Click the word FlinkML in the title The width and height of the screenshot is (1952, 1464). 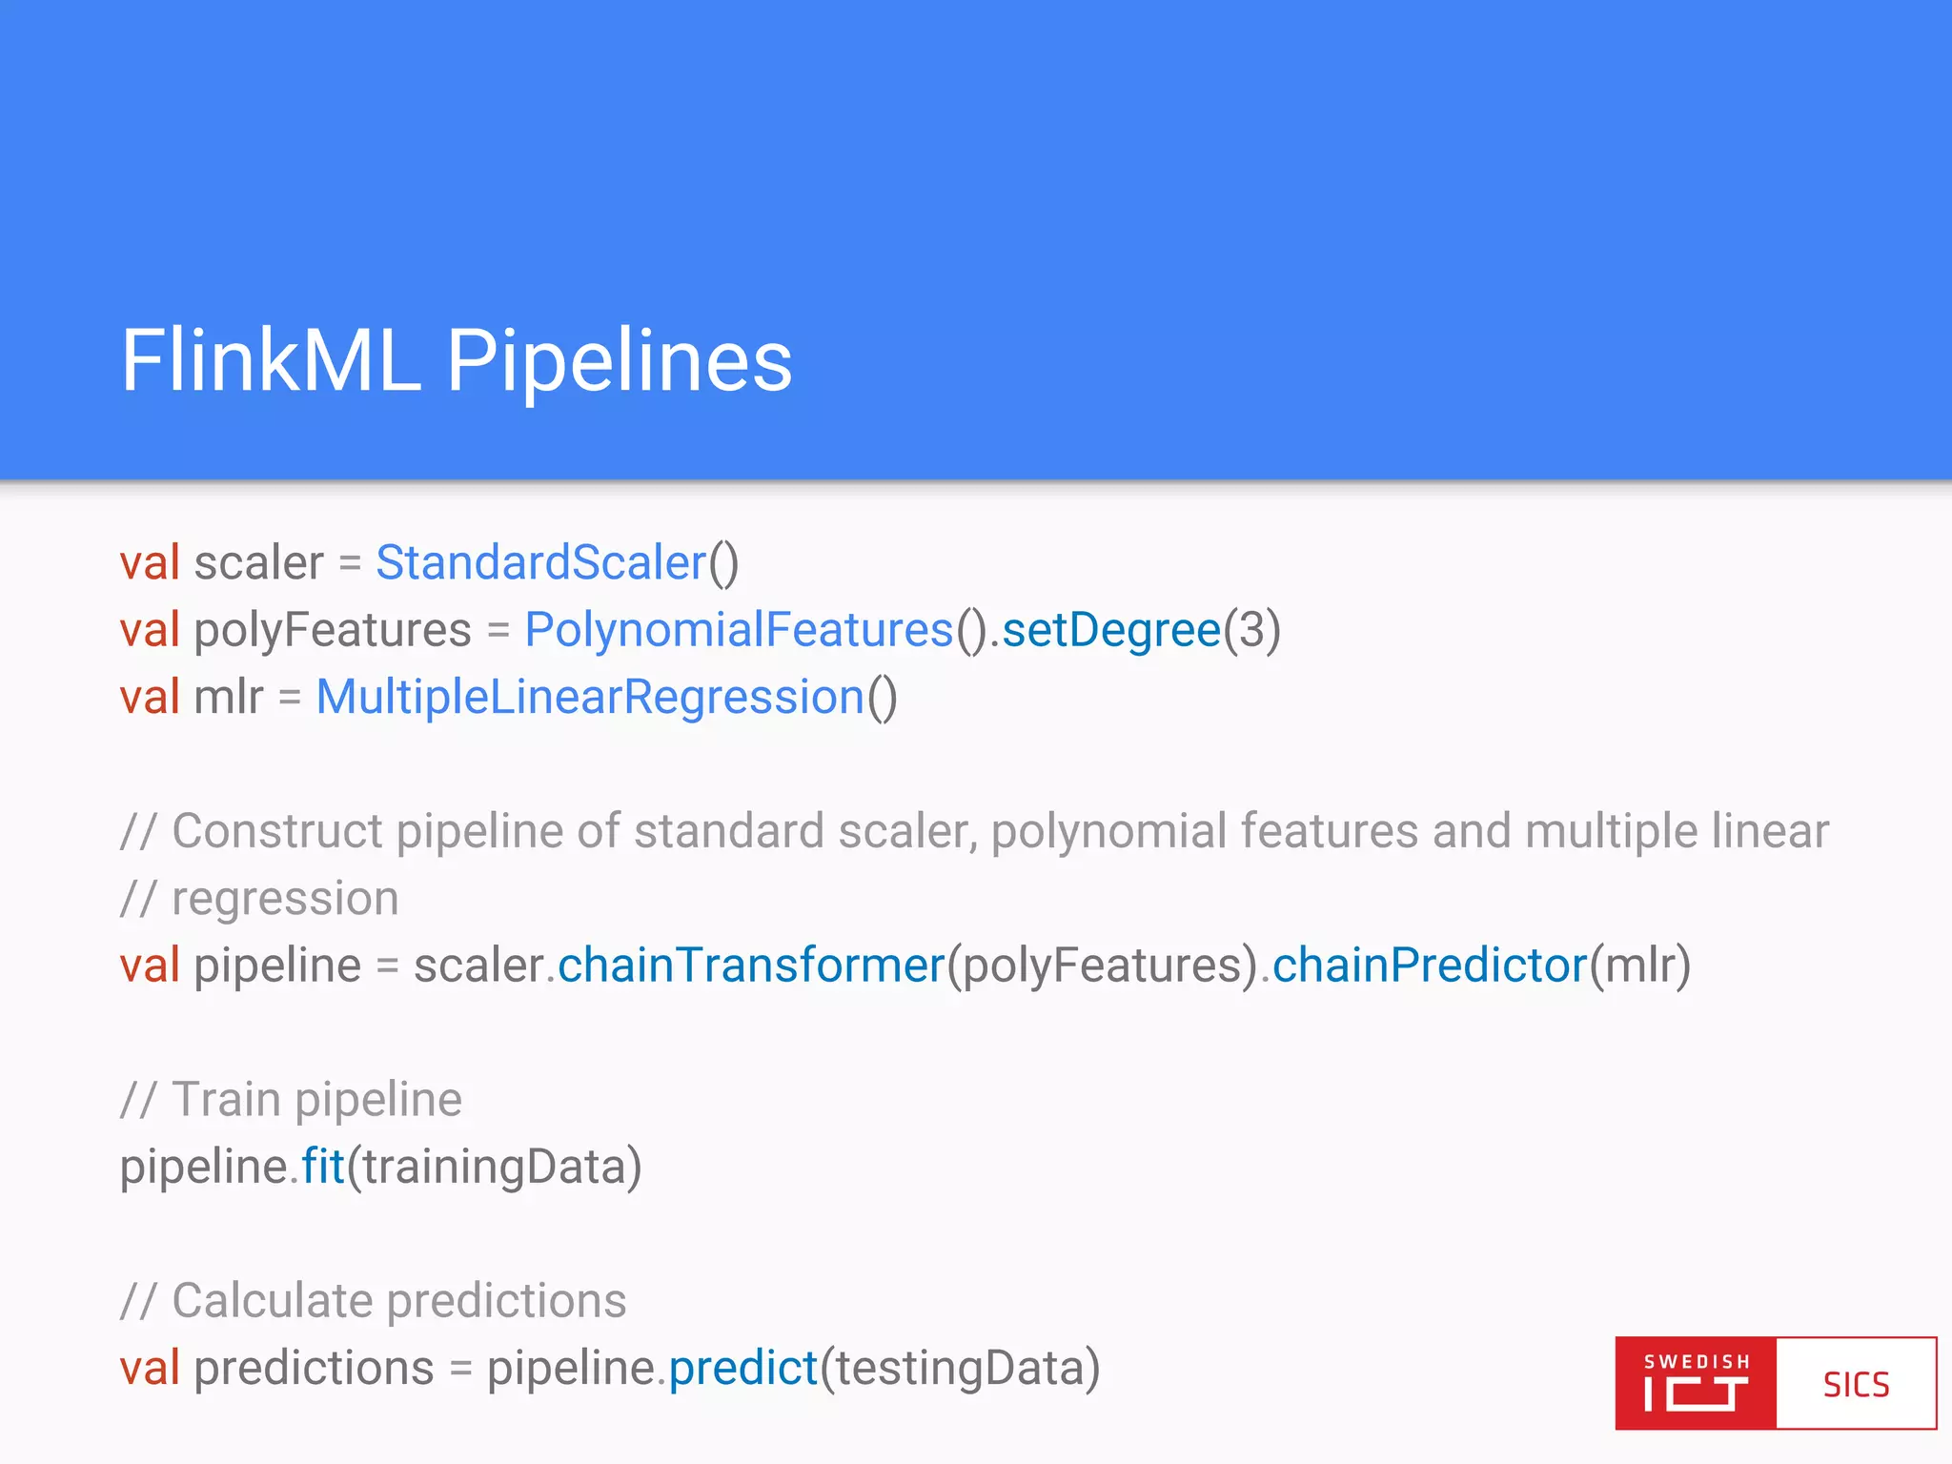pos(271,360)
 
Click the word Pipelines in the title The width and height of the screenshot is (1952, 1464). pos(620,360)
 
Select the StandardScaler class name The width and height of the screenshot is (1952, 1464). pos(540,562)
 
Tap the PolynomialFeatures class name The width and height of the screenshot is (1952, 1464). pos(739,630)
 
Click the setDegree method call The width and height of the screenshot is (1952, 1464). pos(1111,630)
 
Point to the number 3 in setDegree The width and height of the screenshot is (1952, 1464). pos(1251,630)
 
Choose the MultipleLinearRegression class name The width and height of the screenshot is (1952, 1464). pos(590,697)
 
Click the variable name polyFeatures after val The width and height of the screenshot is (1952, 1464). pos(333,630)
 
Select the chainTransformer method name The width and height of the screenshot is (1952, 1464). pos(750,965)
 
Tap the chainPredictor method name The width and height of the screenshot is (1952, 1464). pos(1429,965)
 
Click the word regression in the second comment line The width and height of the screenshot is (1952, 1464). pos(285,899)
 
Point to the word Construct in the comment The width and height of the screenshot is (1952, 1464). pos(277,831)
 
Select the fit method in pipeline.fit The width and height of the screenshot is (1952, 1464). pos(322,1167)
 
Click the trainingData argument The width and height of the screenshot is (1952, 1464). pos(494,1167)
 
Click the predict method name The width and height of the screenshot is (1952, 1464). pos(742,1368)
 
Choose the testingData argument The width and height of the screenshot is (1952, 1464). pos(960,1368)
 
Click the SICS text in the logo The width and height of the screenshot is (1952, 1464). pos(1856,1385)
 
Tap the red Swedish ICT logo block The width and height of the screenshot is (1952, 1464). pos(1696,1384)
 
